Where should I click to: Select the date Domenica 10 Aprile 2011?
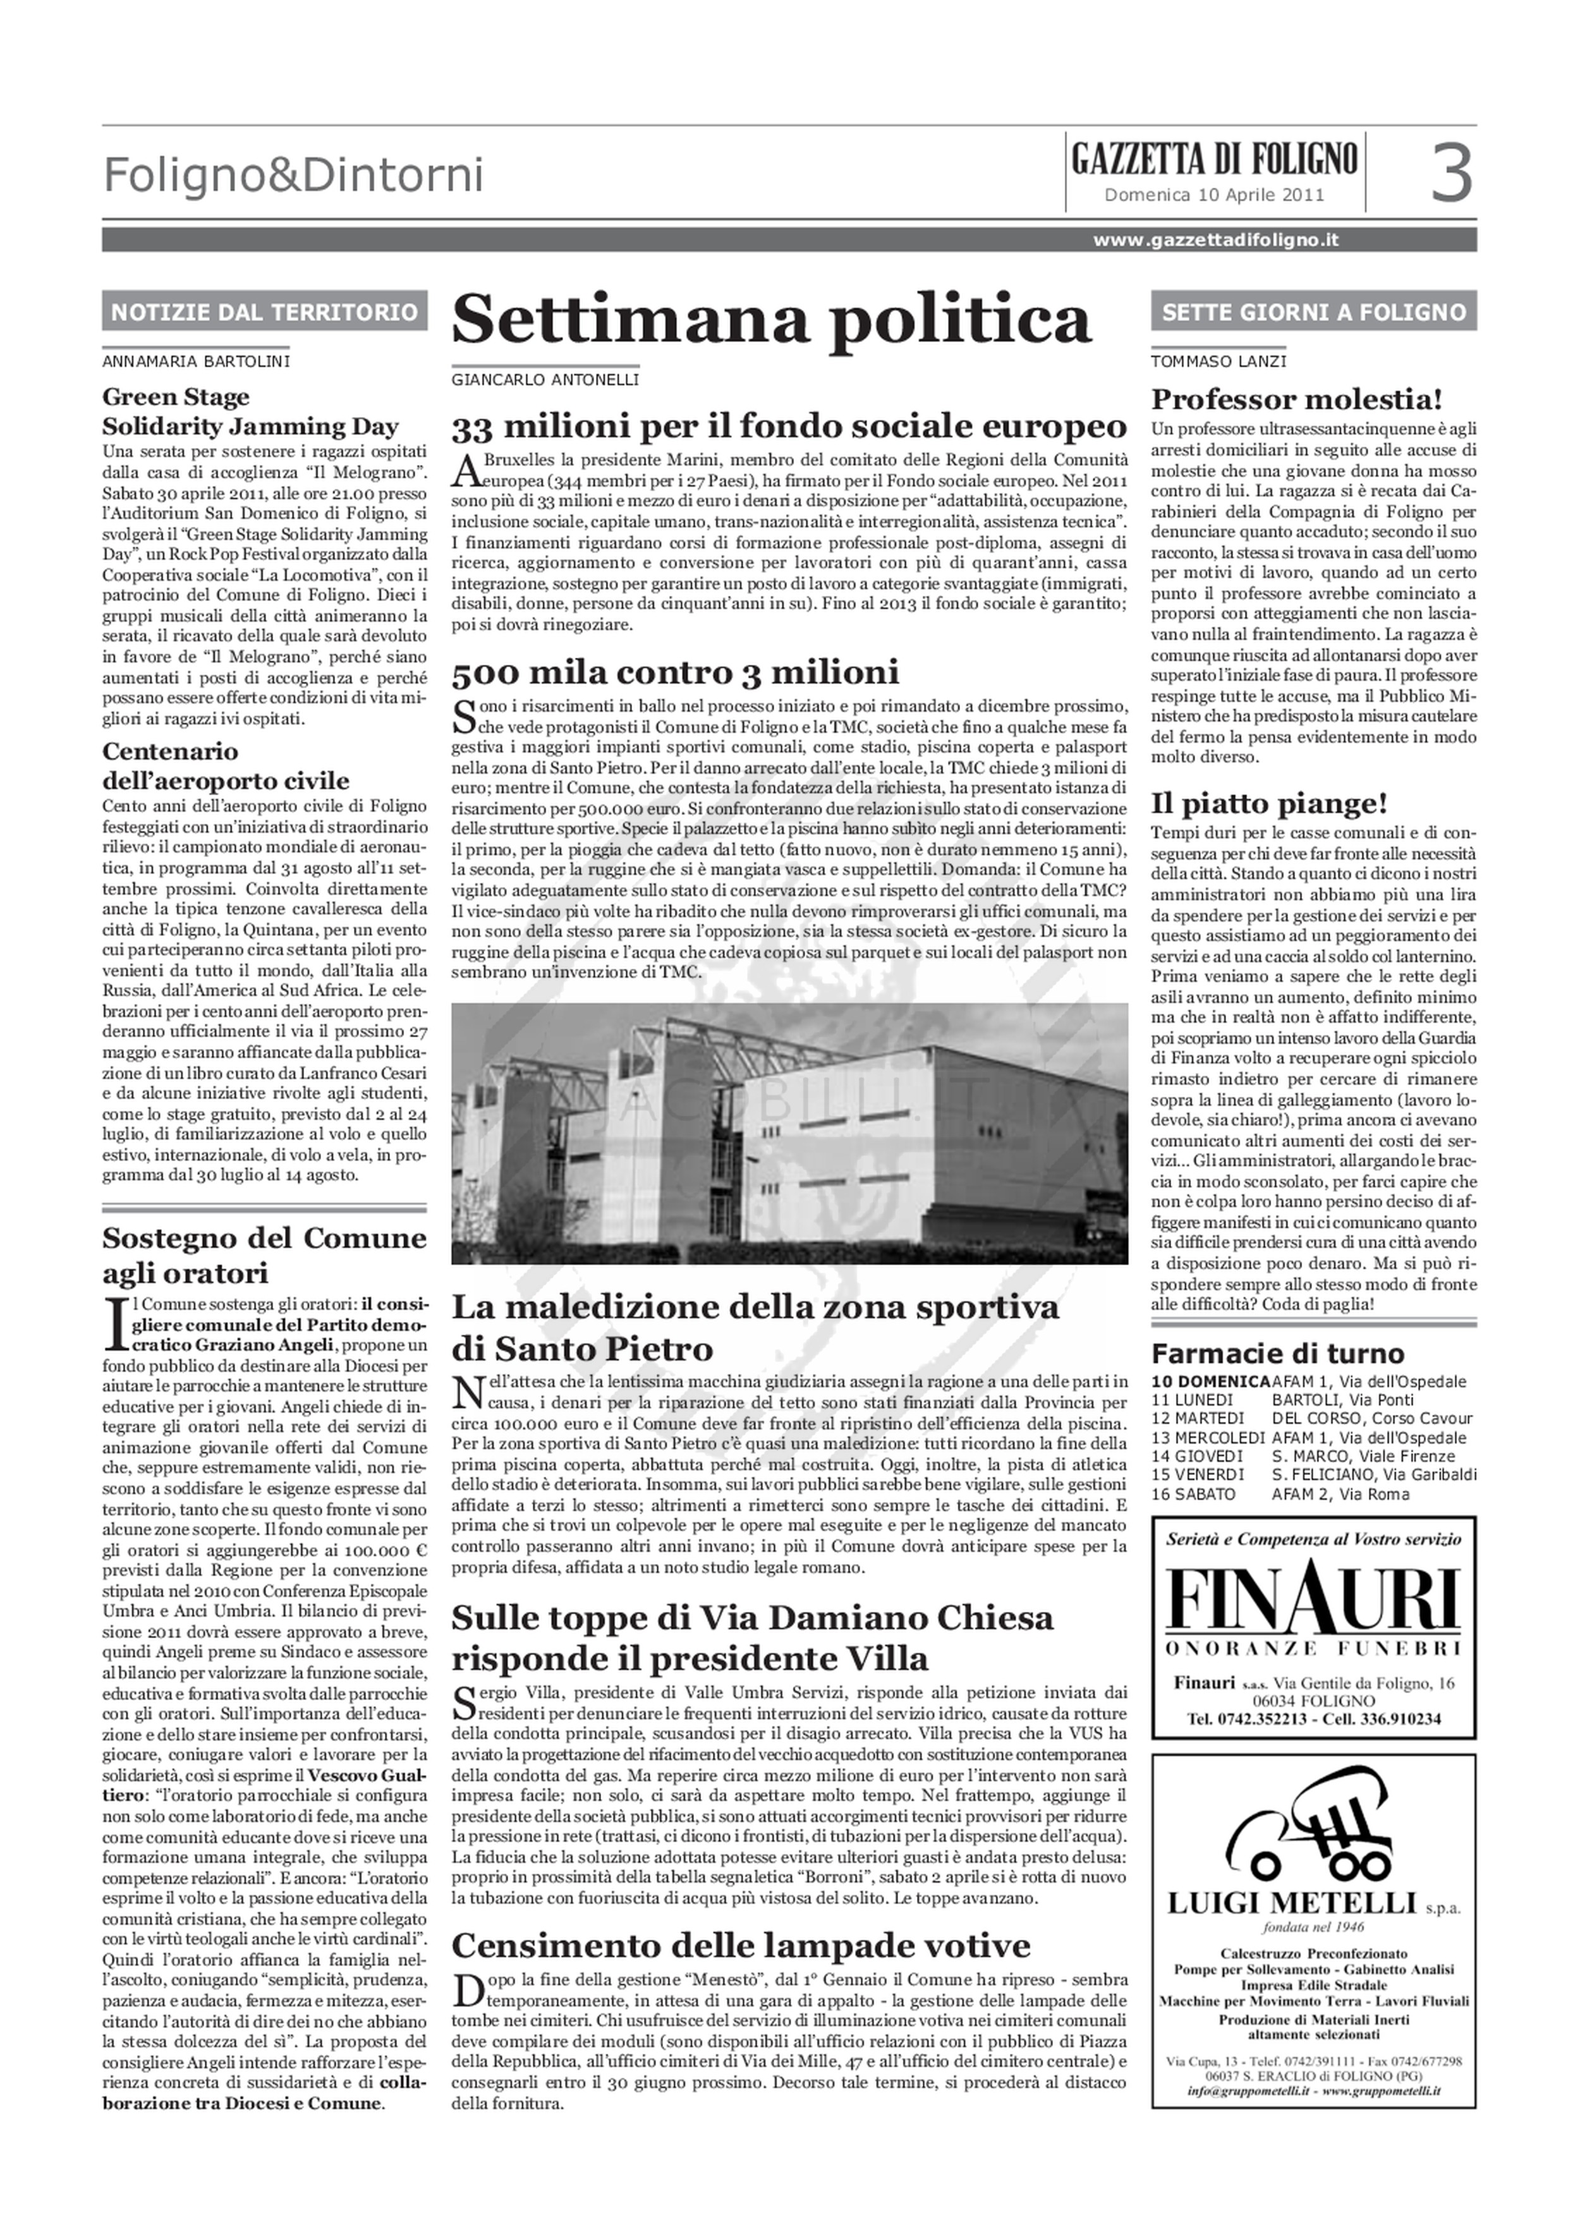pyautogui.click(x=1214, y=195)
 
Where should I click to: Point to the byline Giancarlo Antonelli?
pyautogui.click(x=545, y=380)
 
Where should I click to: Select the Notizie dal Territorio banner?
pyautogui.click(x=265, y=312)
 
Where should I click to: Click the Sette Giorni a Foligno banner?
pyautogui.click(x=1313, y=312)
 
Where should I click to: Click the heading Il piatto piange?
pyautogui.click(x=1268, y=804)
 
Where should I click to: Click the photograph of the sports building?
pyautogui.click(x=789, y=1134)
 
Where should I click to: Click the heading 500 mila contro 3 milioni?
pyautogui.click(x=675, y=672)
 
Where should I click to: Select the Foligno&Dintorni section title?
pyautogui.click(x=293, y=176)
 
